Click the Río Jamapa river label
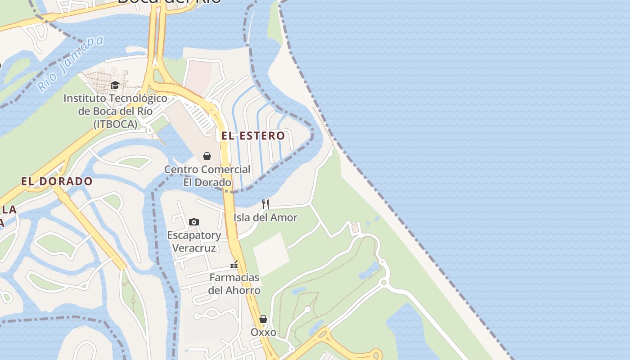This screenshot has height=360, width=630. click(x=70, y=63)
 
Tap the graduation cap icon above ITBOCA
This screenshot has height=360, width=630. click(x=115, y=85)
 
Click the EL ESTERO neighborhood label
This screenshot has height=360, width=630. click(x=253, y=135)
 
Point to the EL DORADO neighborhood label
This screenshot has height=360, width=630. click(x=57, y=181)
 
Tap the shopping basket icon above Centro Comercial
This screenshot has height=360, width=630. click(x=207, y=156)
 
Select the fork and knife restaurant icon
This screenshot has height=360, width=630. click(x=265, y=204)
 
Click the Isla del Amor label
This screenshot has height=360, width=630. click(x=265, y=218)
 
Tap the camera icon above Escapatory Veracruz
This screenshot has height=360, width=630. click(x=194, y=222)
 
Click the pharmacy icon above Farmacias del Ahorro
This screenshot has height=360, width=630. click(x=234, y=264)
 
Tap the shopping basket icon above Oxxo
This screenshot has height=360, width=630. click(x=263, y=319)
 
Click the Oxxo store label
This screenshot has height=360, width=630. click(x=263, y=332)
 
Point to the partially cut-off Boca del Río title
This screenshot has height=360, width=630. click(x=169, y=2)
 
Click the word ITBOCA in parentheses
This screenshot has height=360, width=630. click(x=115, y=124)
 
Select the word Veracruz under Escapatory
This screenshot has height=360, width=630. click(x=194, y=248)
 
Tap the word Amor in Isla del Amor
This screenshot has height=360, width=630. click(x=286, y=218)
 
